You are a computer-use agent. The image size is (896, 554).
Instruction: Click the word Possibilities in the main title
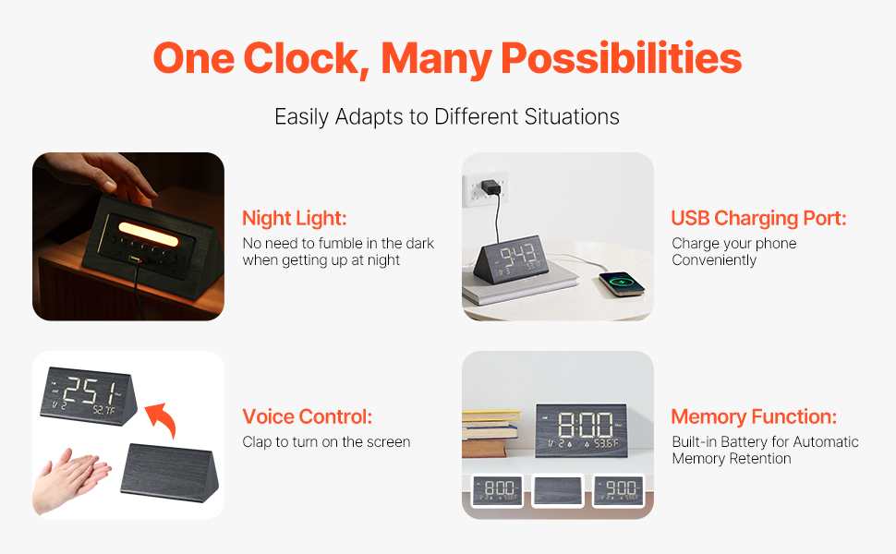click(x=621, y=59)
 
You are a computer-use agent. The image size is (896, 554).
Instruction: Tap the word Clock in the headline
click(x=307, y=58)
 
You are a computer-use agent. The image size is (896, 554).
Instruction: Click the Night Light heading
click(x=295, y=218)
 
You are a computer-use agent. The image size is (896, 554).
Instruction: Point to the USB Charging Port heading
click(x=758, y=218)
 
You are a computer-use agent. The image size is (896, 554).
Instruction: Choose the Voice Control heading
click(x=307, y=417)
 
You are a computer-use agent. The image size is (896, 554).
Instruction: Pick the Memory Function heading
click(x=754, y=417)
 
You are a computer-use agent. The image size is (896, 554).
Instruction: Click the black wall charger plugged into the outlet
click(x=490, y=187)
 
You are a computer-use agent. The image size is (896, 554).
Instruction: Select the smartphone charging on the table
click(x=622, y=283)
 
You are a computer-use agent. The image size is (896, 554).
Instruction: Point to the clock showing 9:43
click(x=512, y=260)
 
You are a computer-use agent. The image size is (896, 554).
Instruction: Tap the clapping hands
click(x=71, y=480)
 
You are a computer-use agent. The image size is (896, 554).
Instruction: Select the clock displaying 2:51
click(x=89, y=396)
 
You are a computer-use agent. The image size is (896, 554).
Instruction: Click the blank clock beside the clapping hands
click(x=170, y=473)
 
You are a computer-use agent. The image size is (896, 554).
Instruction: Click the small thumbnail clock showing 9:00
click(x=618, y=490)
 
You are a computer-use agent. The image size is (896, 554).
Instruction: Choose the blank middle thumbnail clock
click(x=558, y=490)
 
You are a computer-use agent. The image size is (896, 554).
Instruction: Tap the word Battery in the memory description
click(x=744, y=442)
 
